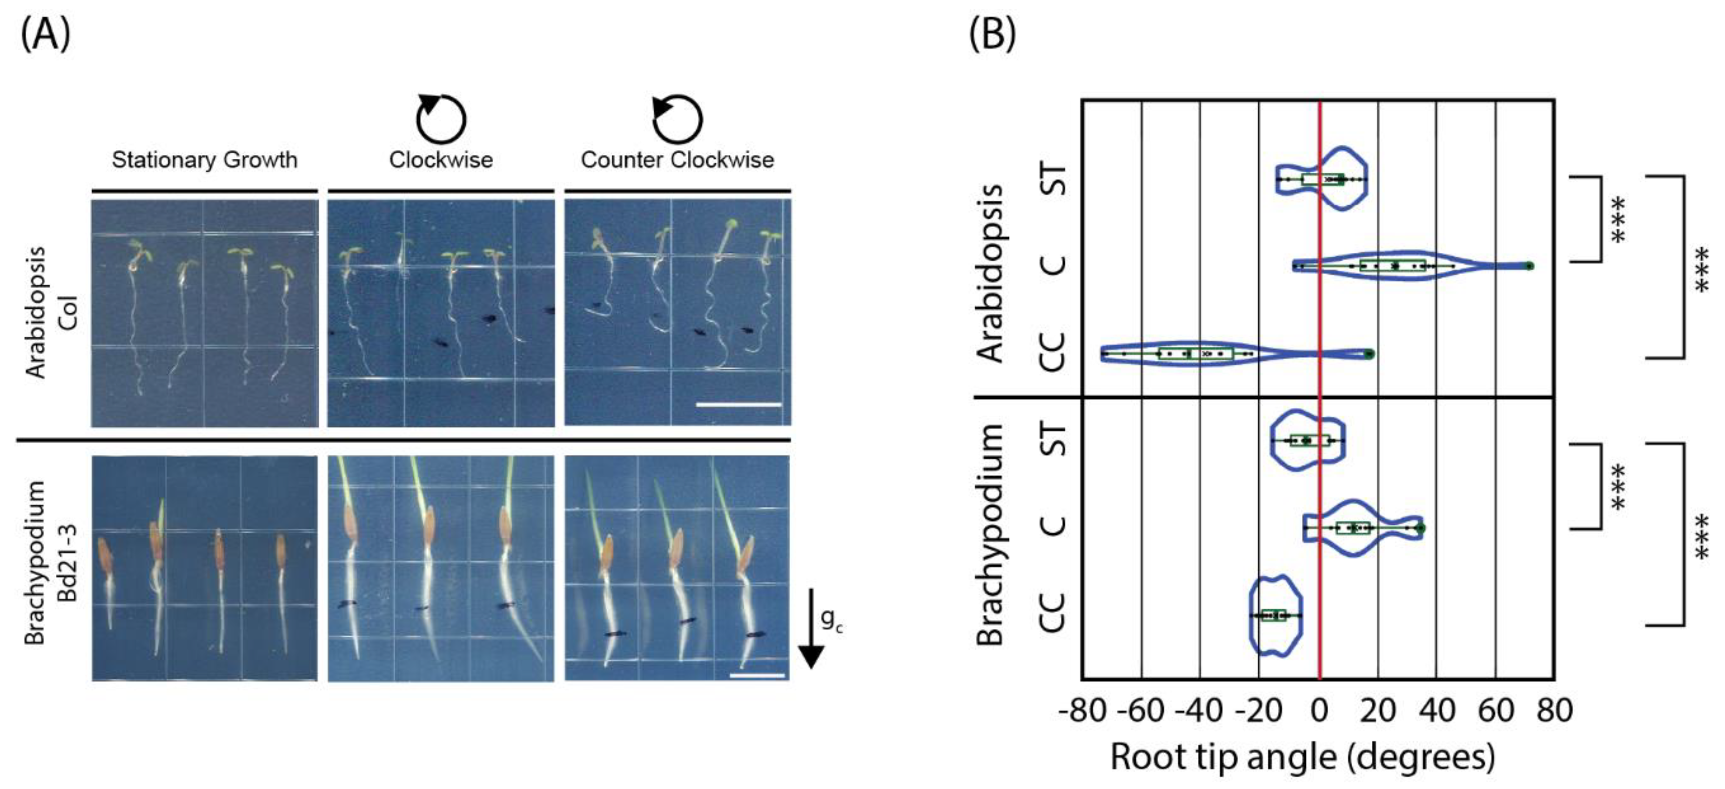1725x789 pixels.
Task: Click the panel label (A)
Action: point(46,35)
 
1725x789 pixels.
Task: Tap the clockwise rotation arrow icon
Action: point(441,119)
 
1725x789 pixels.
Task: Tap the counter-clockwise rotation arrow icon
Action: point(677,119)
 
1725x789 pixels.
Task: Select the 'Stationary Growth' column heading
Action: point(204,160)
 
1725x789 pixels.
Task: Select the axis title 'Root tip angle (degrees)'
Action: point(1302,757)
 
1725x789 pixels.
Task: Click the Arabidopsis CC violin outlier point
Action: point(1369,354)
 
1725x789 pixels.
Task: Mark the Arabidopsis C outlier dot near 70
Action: point(1529,266)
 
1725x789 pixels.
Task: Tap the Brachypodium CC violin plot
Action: point(1275,615)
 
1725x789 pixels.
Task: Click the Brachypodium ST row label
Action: point(1054,440)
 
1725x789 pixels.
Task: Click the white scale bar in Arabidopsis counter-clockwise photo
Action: point(738,405)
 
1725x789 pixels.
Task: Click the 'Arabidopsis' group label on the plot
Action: point(990,273)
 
